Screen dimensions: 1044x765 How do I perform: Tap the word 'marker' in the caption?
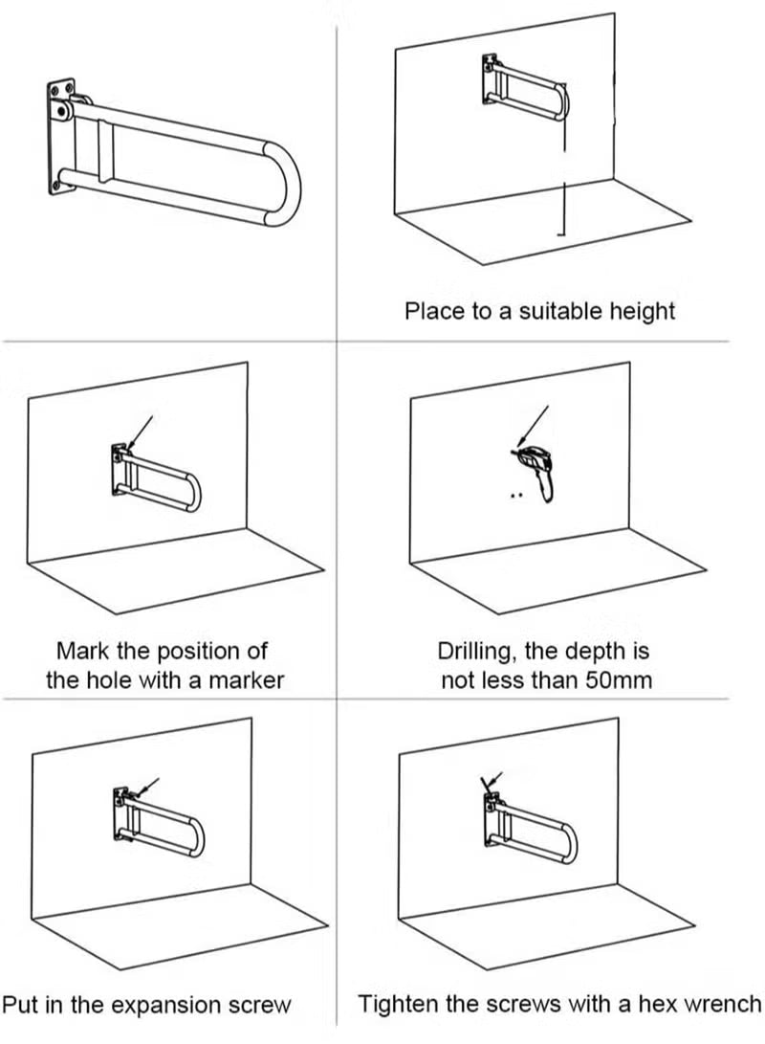click(251, 680)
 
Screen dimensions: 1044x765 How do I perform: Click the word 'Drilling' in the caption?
click(477, 652)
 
